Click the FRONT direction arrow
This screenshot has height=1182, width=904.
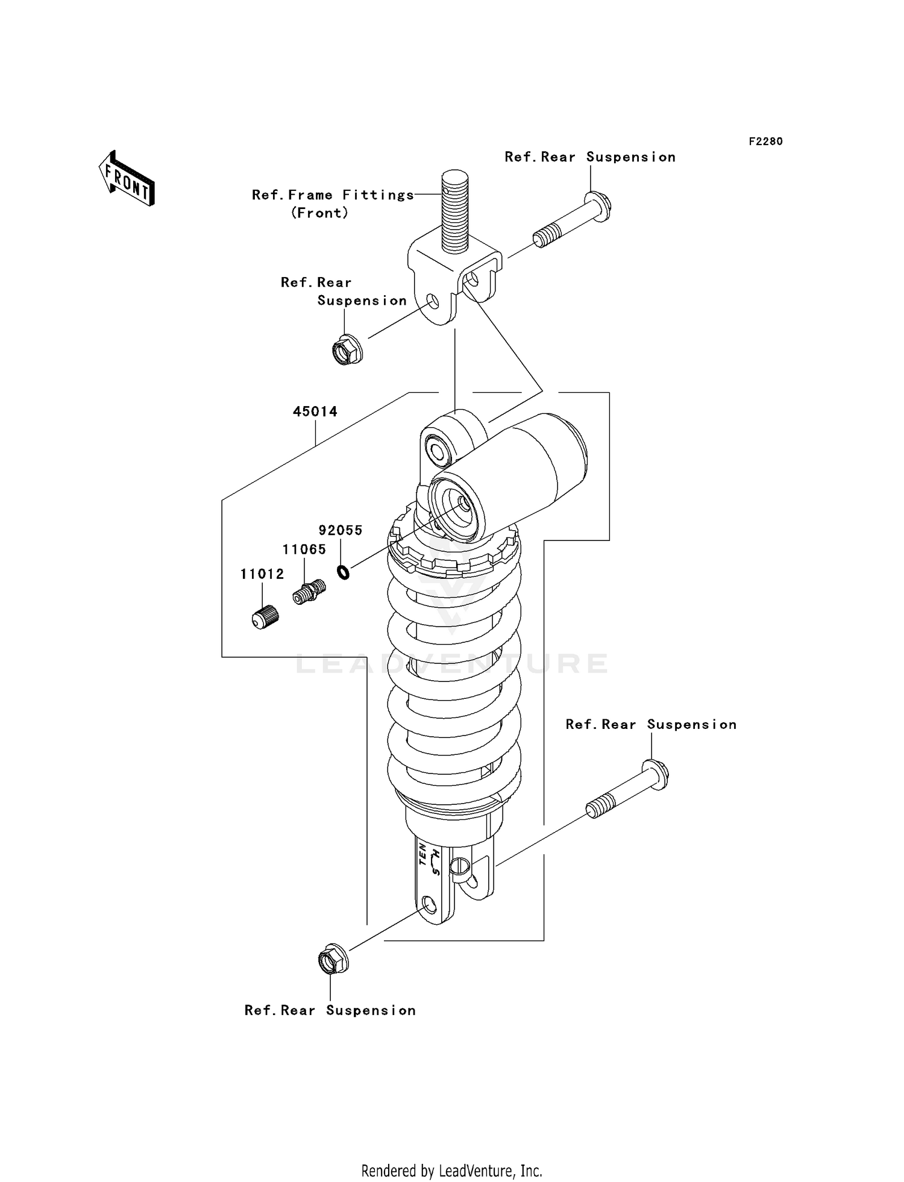[127, 179]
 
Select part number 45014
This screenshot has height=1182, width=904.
[315, 412]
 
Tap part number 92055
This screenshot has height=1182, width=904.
[341, 531]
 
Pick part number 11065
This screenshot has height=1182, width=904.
[304, 549]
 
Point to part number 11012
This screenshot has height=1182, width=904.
[262, 574]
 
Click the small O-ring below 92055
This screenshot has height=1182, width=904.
[343, 571]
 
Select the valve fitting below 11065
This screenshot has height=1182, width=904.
[309, 592]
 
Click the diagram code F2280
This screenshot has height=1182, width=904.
[765, 142]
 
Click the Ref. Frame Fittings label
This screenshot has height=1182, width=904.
[333, 195]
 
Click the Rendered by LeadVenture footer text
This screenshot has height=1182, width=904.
[451, 1171]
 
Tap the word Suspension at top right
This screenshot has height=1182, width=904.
[630, 157]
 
